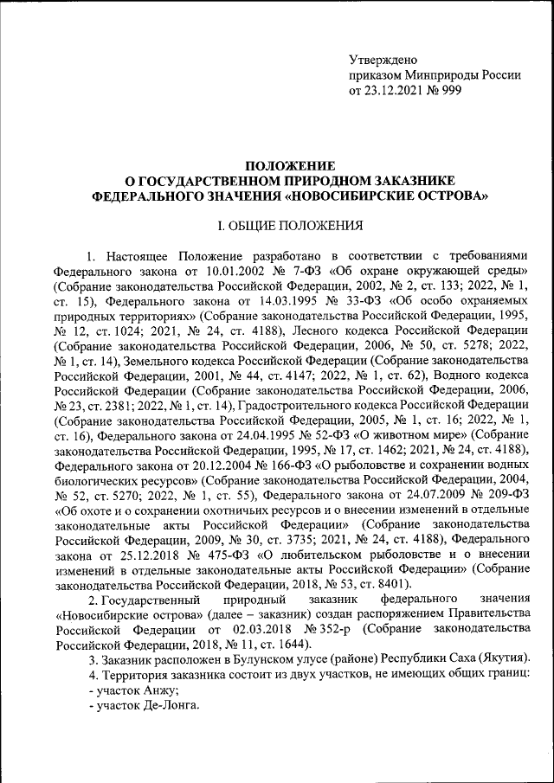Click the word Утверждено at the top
coord(383,60)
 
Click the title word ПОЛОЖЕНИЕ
coord(290,165)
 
